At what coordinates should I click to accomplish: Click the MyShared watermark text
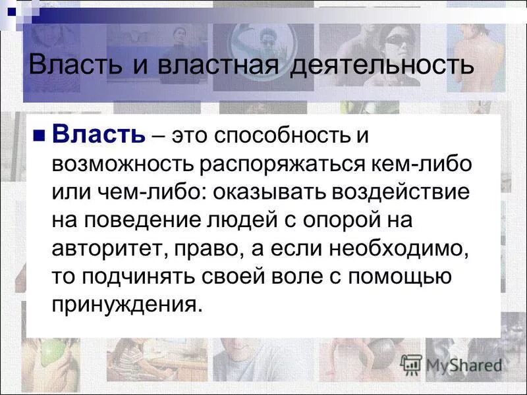(x=464, y=364)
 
